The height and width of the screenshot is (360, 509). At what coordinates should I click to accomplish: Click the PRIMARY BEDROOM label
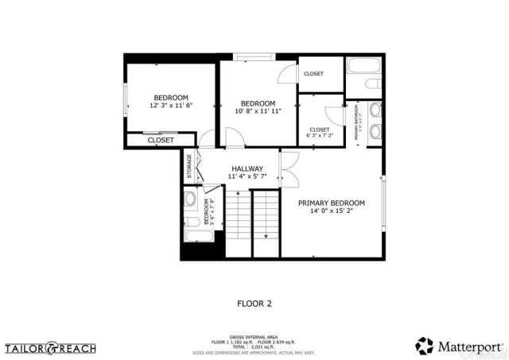pos(331,203)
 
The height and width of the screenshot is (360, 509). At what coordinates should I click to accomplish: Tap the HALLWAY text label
pos(247,169)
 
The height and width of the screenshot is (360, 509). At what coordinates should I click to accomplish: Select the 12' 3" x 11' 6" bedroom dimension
pos(171,106)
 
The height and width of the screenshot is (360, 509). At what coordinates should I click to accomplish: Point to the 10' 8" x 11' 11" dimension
pos(258,111)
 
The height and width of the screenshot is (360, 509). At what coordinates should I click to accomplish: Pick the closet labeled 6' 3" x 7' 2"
pos(319,132)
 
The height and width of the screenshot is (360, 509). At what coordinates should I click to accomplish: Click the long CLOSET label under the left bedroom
pos(161,140)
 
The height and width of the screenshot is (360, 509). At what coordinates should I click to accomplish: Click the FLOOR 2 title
pos(254,303)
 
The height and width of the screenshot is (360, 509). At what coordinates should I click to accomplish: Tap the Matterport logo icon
pos(424,346)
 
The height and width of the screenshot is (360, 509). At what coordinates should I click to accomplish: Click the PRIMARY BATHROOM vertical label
pos(357,122)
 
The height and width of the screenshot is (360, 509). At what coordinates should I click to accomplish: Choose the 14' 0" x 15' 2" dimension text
pos(331,212)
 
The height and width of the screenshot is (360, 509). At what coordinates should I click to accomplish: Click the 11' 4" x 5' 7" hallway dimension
pos(247,178)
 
